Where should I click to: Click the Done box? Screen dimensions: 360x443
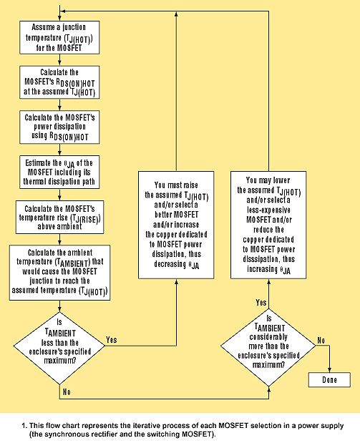tap(329, 380)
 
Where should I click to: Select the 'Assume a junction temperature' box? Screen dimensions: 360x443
tap(59, 37)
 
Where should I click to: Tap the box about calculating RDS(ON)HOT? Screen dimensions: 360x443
tap(59, 82)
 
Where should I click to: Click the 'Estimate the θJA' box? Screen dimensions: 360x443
tap(59, 172)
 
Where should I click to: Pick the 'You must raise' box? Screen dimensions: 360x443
tap(176, 225)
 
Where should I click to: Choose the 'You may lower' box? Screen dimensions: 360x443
tap(268, 225)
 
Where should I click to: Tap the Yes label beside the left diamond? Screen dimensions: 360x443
tap(112, 340)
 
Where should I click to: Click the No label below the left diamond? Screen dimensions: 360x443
tap(67, 392)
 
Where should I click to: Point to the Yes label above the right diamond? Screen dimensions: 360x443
tap(261, 303)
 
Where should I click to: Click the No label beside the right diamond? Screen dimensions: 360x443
tap(321, 341)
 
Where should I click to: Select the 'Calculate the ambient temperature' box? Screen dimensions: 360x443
tap(59, 273)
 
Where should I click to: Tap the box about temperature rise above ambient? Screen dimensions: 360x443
tap(59, 218)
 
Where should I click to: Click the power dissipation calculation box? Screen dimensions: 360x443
tap(59, 127)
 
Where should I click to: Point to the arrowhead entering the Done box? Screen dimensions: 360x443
tap(329, 370)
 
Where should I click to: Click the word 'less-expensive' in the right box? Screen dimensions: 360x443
tap(268, 210)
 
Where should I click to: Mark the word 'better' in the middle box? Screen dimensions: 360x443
tap(163, 215)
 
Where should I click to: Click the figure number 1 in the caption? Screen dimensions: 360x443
tap(24, 426)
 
